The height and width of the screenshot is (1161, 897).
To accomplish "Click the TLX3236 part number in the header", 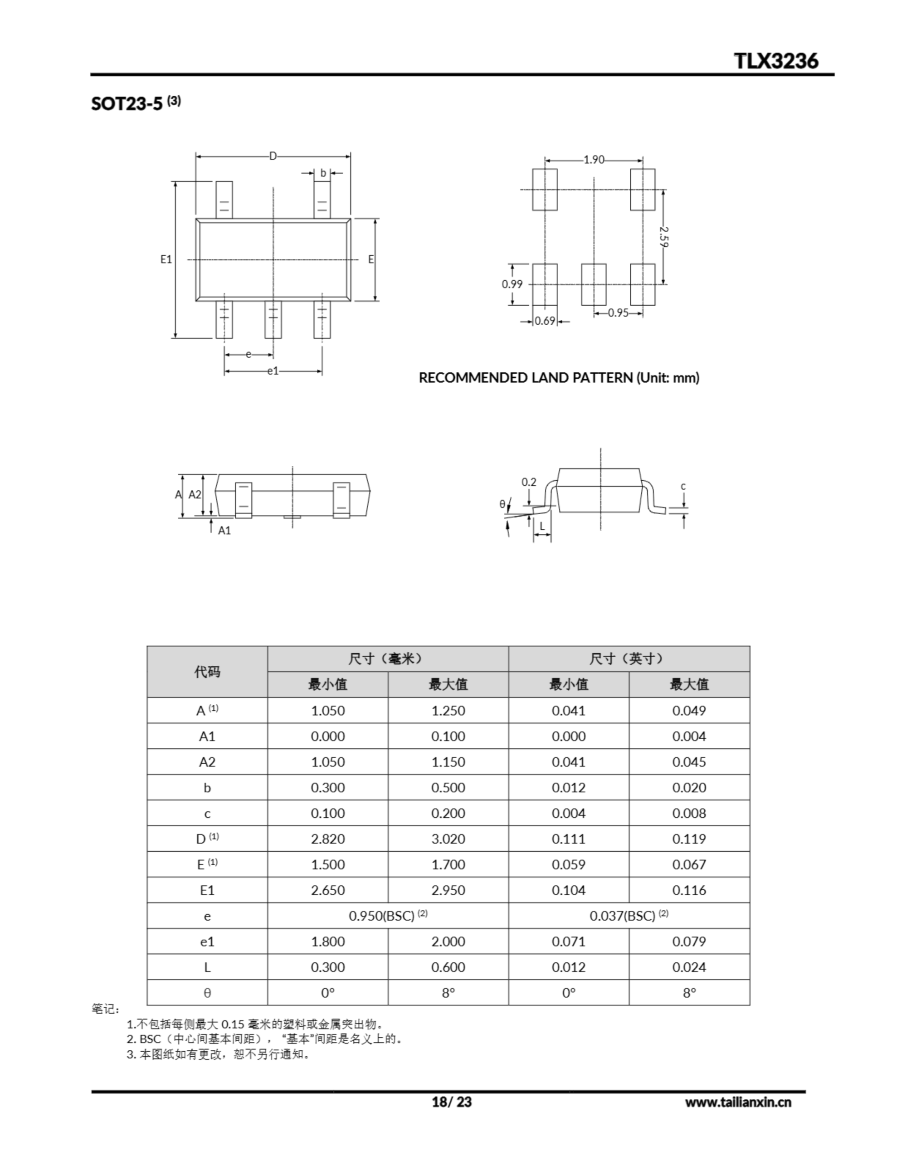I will [x=776, y=61].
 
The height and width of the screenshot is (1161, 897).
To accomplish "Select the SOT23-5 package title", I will [x=127, y=103].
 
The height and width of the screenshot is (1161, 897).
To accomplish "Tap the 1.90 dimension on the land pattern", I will [x=594, y=160].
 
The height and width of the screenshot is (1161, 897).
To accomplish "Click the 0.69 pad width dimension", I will [x=545, y=321].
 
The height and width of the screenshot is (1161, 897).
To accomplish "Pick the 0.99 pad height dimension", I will [x=512, y=284].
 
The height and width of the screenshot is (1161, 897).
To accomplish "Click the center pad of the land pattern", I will [x=594, y=284].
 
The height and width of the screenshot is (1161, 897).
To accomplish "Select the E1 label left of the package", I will [x=166, y=259].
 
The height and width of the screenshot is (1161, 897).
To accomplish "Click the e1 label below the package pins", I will [x=273, y=371].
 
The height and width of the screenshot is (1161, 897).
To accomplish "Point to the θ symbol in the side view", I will [x=502, y=504].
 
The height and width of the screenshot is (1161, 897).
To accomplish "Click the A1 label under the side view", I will [x=224, y=531].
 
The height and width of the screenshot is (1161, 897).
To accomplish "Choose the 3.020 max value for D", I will [x=448, y=839].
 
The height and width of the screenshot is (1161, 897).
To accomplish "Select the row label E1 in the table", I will [x=207, y=890].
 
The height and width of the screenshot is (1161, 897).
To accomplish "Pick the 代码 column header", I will [x=207, y=671].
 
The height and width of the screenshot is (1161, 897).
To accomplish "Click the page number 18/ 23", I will [x=451, y=1102].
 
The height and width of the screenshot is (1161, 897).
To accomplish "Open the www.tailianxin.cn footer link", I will [x=737, y=1102].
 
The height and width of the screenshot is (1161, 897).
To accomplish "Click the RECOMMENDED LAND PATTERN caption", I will [x=559, y=378].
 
